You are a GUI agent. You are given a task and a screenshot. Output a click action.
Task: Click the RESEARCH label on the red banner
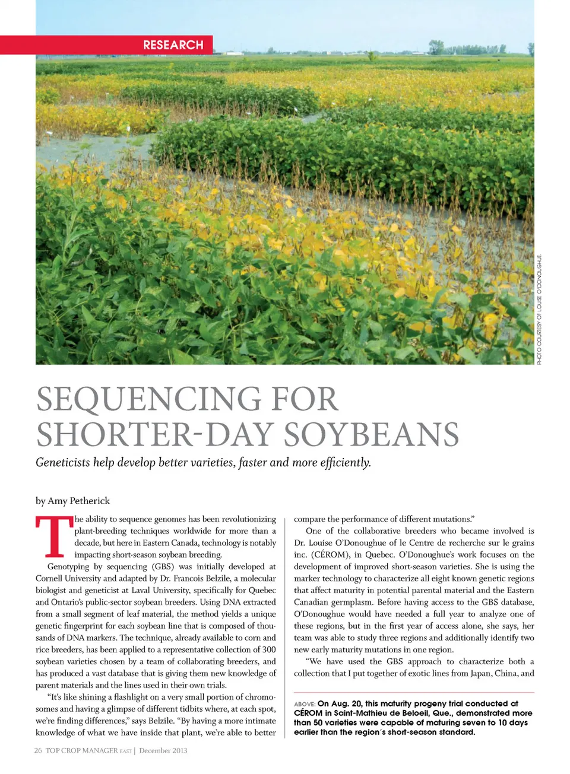click(173, 45)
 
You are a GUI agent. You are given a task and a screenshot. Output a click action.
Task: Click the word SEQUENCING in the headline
click(149, 399)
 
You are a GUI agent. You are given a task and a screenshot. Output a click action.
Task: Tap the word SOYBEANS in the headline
click(372, 435)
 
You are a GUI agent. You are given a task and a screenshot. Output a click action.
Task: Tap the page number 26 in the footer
click(38, 750)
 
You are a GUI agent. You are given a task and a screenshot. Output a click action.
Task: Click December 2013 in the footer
click(163, 750)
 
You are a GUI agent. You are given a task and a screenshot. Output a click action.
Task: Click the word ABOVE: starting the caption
click(305, 704)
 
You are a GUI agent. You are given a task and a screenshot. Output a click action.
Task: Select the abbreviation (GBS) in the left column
click(163, 566)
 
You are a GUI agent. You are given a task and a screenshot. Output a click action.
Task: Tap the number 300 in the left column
click(269, 649)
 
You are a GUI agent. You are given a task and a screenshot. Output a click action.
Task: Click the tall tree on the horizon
click(436, 46)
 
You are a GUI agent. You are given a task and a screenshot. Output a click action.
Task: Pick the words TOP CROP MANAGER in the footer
click(82, 750)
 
